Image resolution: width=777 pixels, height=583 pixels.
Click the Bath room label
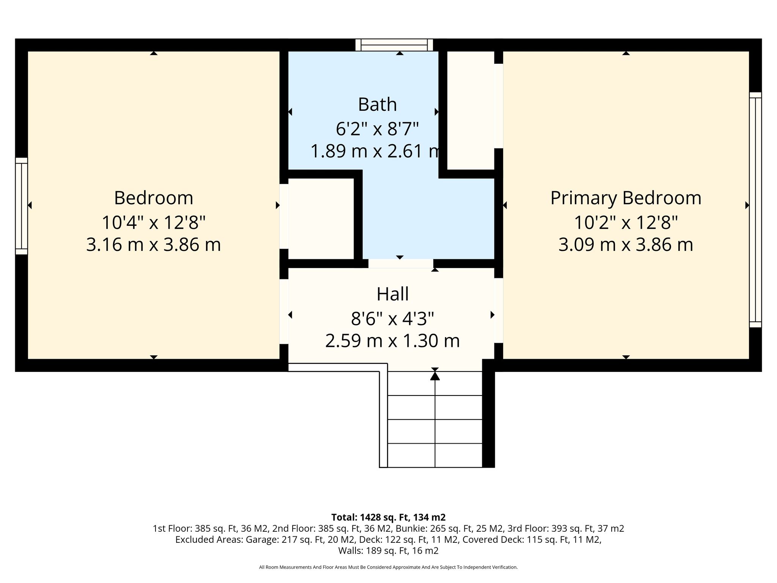click(377, 104)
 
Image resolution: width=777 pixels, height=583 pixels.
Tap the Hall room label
click(393, 294)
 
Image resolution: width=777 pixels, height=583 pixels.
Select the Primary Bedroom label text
click(626, 199)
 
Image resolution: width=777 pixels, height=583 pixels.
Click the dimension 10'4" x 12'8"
click(154, 222)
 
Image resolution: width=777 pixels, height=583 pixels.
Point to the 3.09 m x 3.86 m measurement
click(626, 245)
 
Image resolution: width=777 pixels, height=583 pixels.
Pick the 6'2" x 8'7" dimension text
click(377, 129)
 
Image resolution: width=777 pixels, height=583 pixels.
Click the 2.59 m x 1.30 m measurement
click(393, 341)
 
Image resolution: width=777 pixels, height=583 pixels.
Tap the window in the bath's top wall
click(394, 45)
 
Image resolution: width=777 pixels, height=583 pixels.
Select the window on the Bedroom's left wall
click(22, 206)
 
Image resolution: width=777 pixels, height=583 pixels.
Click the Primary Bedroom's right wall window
click(755, 210)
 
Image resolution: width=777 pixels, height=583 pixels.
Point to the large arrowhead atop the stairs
click(435, 376)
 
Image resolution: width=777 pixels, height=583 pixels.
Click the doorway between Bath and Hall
click(401, 263)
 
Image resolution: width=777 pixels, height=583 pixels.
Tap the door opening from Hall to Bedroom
click(284, 312)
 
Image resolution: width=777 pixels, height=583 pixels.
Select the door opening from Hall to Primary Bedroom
click(499, 310)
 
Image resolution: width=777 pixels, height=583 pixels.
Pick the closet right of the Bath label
click(470, 110)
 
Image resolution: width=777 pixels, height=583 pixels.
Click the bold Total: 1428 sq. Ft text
click(388, 517)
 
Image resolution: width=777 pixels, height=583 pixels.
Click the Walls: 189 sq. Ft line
click(388, 550)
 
